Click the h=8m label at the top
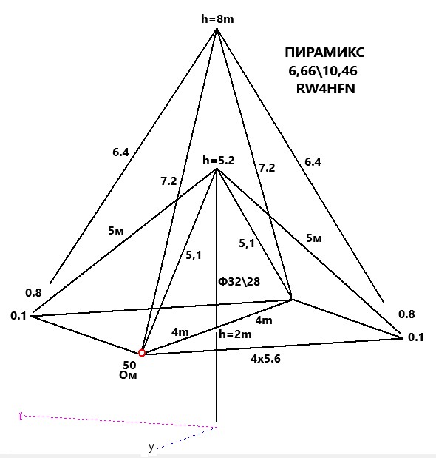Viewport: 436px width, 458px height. pyautogui.click(x=217, y=19)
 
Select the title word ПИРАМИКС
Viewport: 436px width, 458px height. pyautogui.click(x=324, y=53)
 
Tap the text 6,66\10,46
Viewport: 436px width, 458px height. pyautogui.click(x=323, y=71)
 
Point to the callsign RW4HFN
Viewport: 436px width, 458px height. pyautogui.click(x=325, y=89)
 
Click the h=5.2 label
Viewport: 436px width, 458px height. pyautogui.click(x=219, y=160)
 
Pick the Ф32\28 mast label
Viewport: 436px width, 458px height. pyautogui.click(x=239, y=282)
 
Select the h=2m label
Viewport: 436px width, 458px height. pyautogui.click(x=235, y=334)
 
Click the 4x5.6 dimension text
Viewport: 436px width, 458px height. pyautogui.click(x=265, y=358)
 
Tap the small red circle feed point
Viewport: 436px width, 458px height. pyautogui.click(x=142, y=353)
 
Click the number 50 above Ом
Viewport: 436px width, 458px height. pyautogui.click(x=129, y=365)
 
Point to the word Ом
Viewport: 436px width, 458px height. pyautogui.click(x=128, y=375)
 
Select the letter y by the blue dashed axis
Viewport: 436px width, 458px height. pyautogui.click(x=151, y=447)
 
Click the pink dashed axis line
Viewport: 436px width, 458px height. pyautogui.click(x=118, y=421)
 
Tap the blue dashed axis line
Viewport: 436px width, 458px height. pyautogui.click(x=187, y=437)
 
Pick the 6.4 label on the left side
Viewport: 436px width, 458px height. pyautogui.click(x=120, y=152)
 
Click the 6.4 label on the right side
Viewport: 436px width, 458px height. pyautogui.click(x=313, y=161)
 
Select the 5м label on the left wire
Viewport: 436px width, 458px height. pyautogui.click(x=116, y=231)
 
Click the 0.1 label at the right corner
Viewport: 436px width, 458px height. pyautogui.click(x=415, y=337)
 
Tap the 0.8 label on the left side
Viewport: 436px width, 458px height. pyautogui.click(x=33, y=292)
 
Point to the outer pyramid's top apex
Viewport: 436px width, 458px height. pyautogui.click(x=217, y=29)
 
